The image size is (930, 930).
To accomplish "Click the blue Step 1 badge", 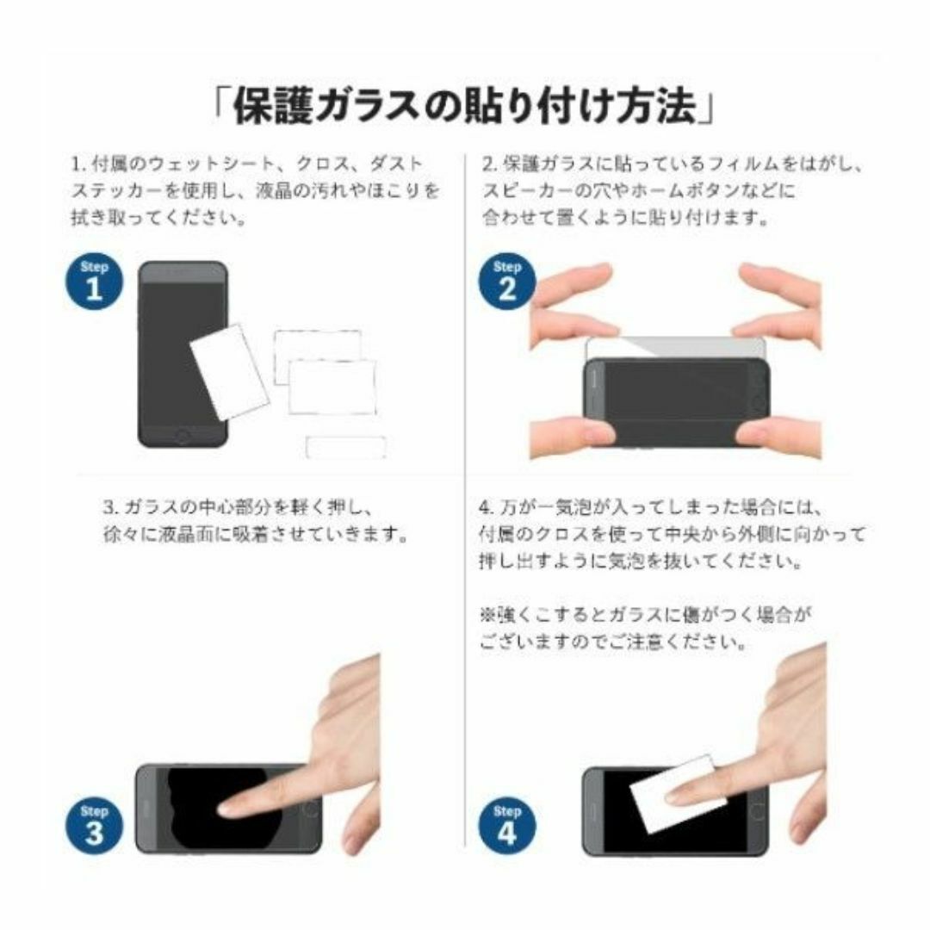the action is click(94, 282).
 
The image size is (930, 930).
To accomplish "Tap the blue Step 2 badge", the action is click(506, 282).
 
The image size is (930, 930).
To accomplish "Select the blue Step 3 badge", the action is click(94, 826).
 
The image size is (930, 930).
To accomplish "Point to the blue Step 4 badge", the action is click(506, 826).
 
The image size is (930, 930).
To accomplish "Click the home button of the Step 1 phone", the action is click(183, 437).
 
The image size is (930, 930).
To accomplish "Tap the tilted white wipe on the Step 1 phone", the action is click(230, 372).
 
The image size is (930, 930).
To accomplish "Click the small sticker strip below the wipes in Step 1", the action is click(346, 447).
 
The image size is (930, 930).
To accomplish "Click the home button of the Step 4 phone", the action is click(757, 811).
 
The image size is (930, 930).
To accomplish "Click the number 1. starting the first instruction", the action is click(79, 164).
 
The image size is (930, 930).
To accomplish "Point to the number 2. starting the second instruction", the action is click(490, 164).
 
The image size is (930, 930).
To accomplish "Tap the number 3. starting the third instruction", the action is click(113, 508).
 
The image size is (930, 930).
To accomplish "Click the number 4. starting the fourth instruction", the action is click(487, 508).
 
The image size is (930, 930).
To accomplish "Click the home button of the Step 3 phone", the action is click(310, 809).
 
